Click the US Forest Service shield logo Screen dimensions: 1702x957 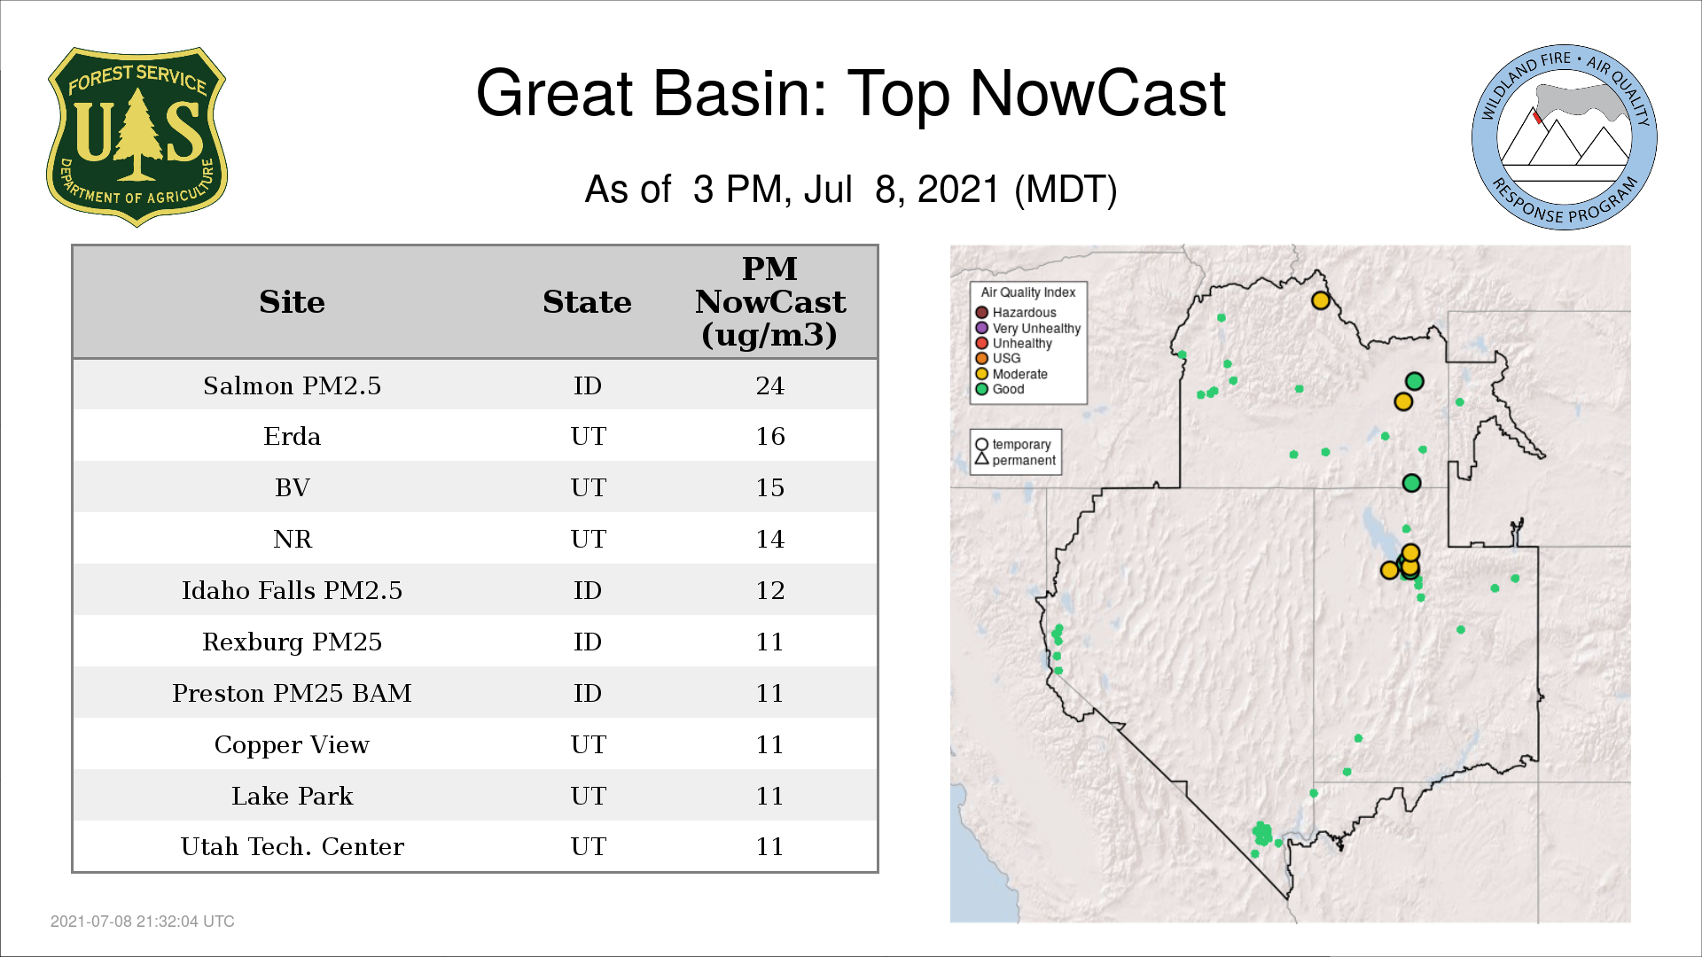[x=137, y=137]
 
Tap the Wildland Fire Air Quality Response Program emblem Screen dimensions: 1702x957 [x=1565, y=137]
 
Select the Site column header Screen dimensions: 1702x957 [x=292, y=302]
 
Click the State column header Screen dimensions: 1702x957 [x=587, y=302]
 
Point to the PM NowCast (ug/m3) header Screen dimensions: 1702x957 [x=769, y=301]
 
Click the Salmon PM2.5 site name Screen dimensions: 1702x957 [x=292, y=385]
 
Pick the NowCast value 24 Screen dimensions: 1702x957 [x=769, y=385]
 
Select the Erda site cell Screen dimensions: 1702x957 [x=292, y=436]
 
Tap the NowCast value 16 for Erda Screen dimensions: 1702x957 [x=769, y=436]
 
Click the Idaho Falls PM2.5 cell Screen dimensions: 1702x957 [x=292, y=590]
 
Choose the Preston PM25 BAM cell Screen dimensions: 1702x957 [x=292, y=693]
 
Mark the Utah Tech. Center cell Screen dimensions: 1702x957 [x=292, y=846]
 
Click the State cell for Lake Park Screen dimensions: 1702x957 [x=588, y=796]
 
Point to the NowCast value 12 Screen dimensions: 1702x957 [x=769, y=590]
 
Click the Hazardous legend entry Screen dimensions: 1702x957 [x=1016, y=313]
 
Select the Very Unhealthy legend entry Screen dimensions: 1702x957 [x=1028, y=328]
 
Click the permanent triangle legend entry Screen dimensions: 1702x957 [x=1016, y=460]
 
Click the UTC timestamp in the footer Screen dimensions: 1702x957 [x=143, y=922]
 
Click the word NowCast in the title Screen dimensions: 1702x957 [x=1097, y=93]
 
